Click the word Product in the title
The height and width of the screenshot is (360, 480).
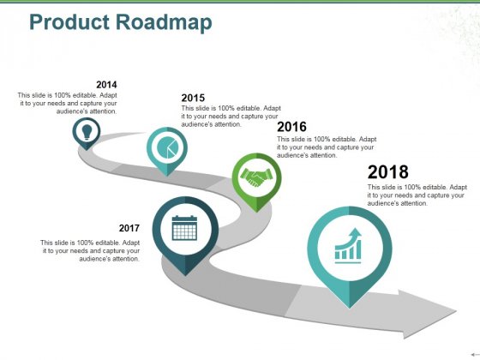(x=69, y=22)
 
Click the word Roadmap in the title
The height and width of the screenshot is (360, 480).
(x=164, y=23)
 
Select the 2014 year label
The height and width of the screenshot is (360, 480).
(x=106, y=85)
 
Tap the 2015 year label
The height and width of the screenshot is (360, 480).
(x=193, y=98)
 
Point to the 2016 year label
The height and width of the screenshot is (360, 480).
(x=291, y=127)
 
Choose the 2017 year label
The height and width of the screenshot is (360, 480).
(x=129, y=228)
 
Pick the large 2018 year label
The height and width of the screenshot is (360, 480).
(x=387, y=171)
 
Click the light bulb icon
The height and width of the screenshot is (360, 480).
(x=87, y=132)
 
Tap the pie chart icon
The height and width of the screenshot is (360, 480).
(x=167, y=147)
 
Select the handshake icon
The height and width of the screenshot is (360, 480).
(x=256, y=177)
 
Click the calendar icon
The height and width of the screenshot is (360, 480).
(x=184, y=228)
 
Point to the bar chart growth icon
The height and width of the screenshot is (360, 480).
(x=348, y=246)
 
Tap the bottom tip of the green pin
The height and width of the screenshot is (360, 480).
(x=256, y=212)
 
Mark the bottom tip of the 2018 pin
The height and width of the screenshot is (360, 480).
(x=350, y=308)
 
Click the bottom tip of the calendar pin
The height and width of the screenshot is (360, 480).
(x=185, y=275)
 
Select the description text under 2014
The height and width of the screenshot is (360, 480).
(x=68, y=103)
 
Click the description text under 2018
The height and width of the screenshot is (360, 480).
(x=417, y=195)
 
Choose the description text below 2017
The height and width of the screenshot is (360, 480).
(x=90, y=250)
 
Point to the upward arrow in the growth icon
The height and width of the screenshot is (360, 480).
(x=355, y=235)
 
